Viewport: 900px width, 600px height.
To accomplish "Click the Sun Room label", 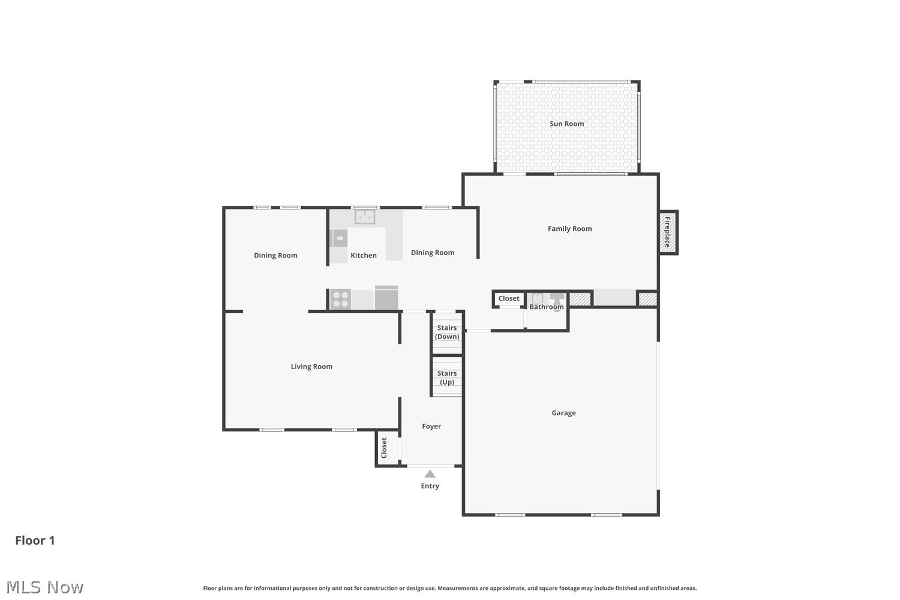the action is pos(566,124).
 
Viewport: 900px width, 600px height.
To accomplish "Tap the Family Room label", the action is pos(570,229).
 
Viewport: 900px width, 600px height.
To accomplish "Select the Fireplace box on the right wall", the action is pos(668,232).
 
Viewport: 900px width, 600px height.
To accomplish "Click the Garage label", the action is pos(563,413).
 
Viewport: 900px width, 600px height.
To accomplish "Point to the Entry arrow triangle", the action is pos(430,474).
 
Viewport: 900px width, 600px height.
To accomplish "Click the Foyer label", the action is pos(431,427).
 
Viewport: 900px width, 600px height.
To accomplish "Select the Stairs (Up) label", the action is pos(447,378).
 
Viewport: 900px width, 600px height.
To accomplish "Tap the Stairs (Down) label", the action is pos(447,332).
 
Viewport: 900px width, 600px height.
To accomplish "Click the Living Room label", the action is pos(311,367).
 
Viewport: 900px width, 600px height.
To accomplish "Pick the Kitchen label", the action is pos(363,255).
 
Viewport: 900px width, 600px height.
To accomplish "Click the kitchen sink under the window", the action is pos(365,217).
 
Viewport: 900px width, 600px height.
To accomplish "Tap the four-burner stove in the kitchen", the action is pos(340,299).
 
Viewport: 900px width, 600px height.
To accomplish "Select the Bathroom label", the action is pos(547,307).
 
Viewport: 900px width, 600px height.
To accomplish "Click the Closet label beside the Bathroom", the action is pos(509,298).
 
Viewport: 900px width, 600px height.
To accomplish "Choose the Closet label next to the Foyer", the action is pos(384,448).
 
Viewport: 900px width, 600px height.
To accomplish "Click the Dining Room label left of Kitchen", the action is pos(275,255).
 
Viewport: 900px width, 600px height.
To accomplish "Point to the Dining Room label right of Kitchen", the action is pos(433,253).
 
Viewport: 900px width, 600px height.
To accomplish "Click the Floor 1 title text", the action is pos(35,541).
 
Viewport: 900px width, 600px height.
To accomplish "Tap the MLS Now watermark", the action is pos(44,587).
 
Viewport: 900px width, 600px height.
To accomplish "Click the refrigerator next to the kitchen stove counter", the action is pos(386,298).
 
